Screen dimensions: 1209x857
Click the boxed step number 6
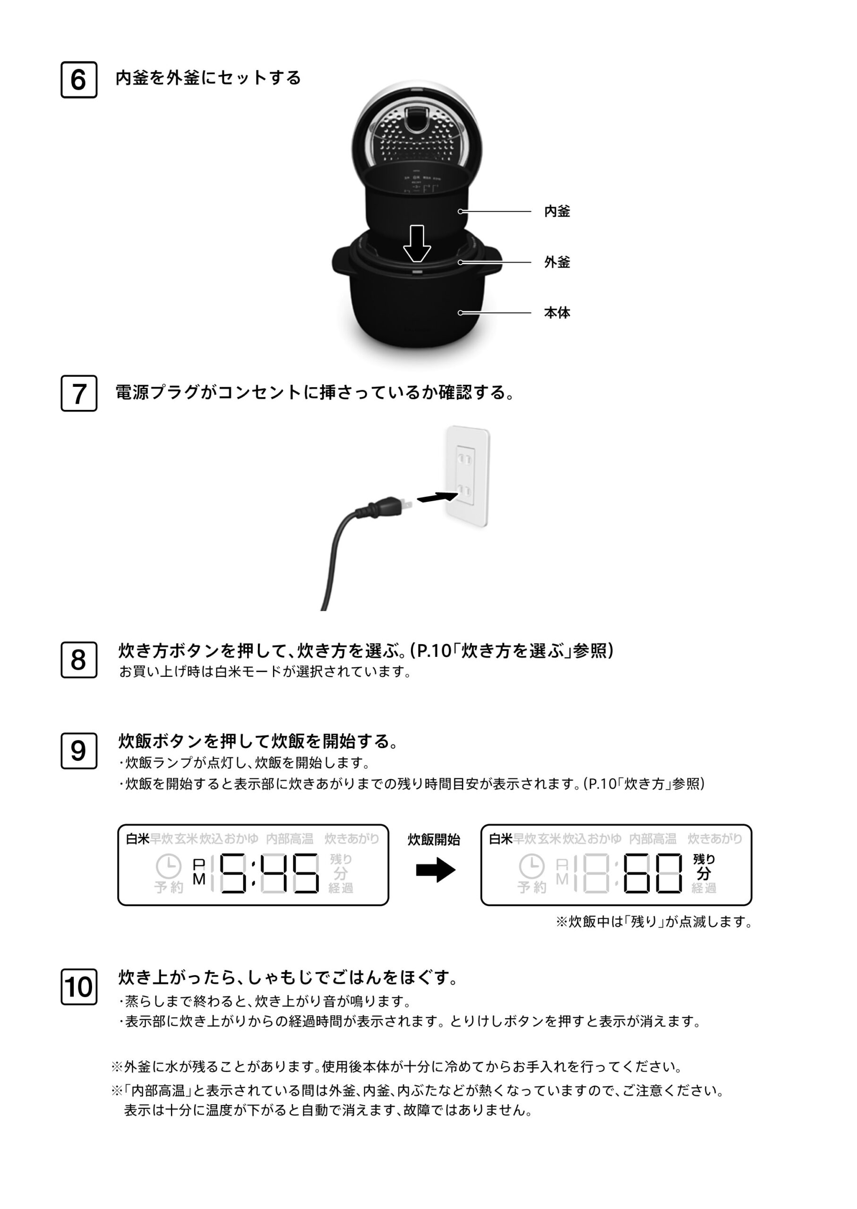tap(78, 80)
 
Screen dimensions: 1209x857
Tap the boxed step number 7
tap(78, 393)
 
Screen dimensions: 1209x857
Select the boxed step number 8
tap(78, 660)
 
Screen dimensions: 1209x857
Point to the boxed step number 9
tap(78, 750)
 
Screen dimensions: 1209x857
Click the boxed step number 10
tap(78, 987)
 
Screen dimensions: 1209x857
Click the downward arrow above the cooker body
tap(417, 243)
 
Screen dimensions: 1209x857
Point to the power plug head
tap(388, 506)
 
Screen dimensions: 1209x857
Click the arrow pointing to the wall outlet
tap(437, 497)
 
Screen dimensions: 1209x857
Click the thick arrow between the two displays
tap(436, 870)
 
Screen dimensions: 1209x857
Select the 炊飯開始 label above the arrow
tap(434, 840)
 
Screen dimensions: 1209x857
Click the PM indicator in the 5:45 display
tap(199, 872)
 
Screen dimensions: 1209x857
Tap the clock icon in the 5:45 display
tap(168, 866)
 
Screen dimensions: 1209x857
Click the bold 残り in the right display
tap(704, 859)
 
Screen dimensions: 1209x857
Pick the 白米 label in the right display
tap(501, 839)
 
